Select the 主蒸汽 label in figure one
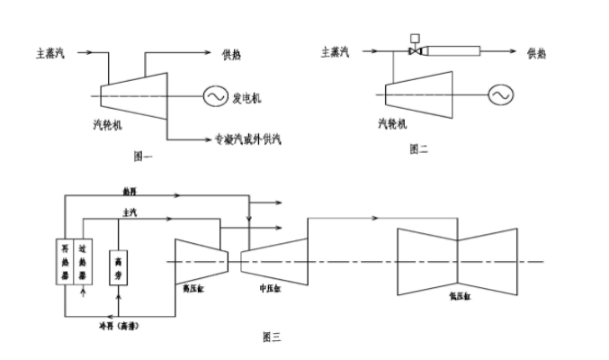click(x=53, y=53)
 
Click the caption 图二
click(x=418, y=149)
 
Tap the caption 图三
click(x=271, y=337)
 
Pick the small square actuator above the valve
click(x=415, y=38)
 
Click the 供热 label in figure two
click(x=537, y=53)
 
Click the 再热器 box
click(x=65, y=261)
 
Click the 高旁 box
click(x=118, y=267)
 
